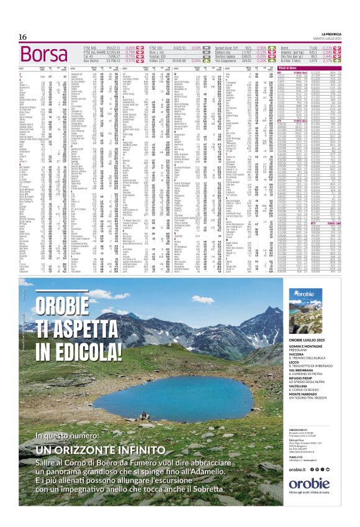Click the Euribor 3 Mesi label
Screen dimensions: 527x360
coord(291,60)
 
